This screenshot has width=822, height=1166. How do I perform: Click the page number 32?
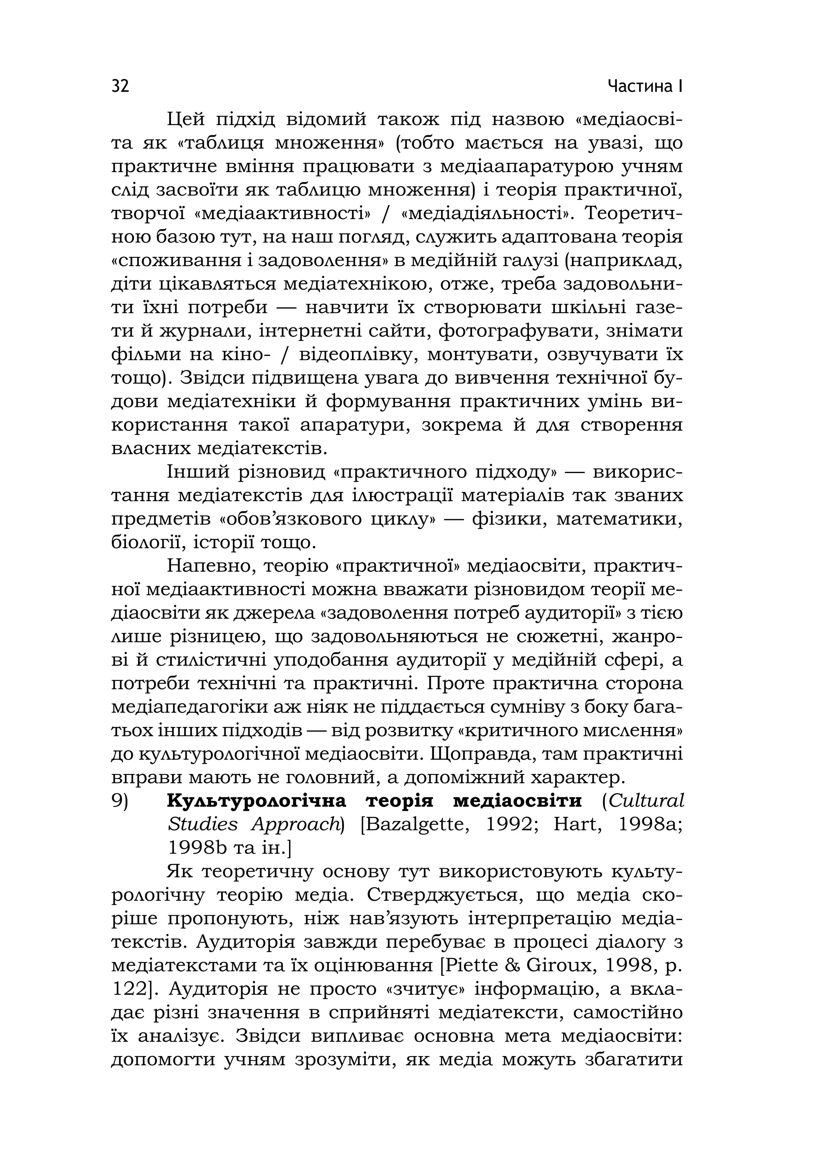click(x=120, y=86)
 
